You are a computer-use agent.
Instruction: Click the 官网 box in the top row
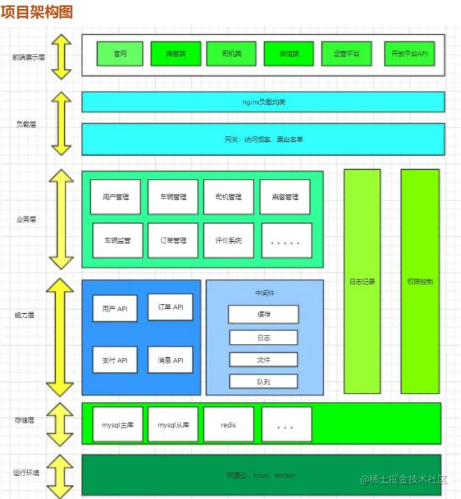pos(119,54)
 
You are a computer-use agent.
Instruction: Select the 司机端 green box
pos(231,54)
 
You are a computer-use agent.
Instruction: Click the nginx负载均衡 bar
pos(263,102)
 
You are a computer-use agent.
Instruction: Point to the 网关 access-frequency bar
pos(263,139)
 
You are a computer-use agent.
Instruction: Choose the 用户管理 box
pos(115,197)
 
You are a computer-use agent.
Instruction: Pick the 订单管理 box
pos(173,240)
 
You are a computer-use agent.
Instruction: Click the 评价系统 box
pos(228,240)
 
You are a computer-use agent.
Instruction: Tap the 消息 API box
pos(170,360)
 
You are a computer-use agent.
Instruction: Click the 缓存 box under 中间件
pos(263,314)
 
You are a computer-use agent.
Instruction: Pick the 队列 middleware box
pos(263,382)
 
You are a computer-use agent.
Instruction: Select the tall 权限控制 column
pos(420,282)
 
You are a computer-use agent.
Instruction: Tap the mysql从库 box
pos(173,425)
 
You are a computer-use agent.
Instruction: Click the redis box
pos(228,425)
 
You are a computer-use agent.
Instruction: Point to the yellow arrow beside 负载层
pos(61,123)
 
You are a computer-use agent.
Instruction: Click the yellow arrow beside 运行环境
pos(61,475)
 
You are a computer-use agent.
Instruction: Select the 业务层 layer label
pos(26,219)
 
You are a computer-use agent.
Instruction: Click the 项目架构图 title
pos(36,13)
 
